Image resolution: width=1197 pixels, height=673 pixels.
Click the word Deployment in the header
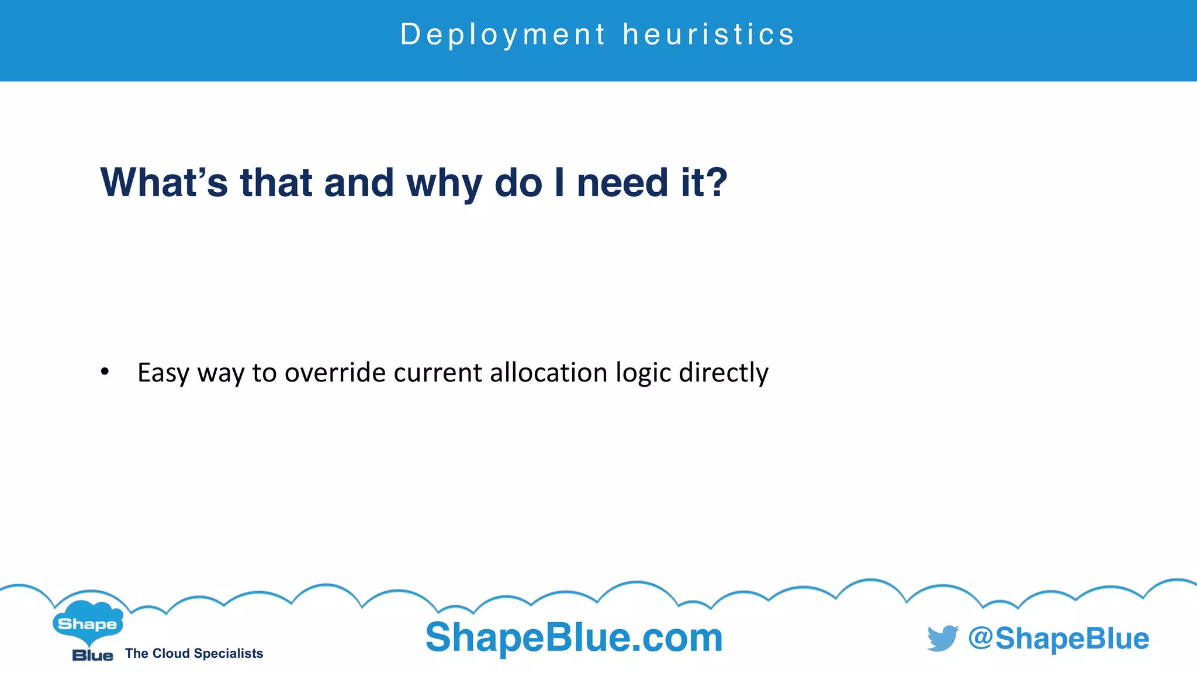(503, 34)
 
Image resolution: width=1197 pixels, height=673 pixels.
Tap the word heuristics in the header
(708, 34)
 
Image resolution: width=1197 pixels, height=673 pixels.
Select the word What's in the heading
(164, 183)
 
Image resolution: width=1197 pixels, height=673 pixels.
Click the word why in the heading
(444, 183)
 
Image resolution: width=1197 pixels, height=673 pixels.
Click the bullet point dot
(105, 372)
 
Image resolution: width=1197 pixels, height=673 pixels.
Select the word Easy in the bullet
(164, 373)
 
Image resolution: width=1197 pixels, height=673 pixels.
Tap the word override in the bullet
(335, 373)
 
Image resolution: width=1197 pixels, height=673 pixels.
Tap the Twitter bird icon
(942, 638)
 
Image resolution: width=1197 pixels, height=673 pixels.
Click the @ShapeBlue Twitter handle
(1058, 638)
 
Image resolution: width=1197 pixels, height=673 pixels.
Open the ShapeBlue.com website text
(574, 637)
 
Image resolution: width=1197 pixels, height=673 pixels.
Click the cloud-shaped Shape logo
(88, 623)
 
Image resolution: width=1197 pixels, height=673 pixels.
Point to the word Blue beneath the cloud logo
(92, 655)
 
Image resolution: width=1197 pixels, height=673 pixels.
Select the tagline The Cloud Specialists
(194, 653)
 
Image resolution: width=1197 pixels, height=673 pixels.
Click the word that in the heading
(276, 183)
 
